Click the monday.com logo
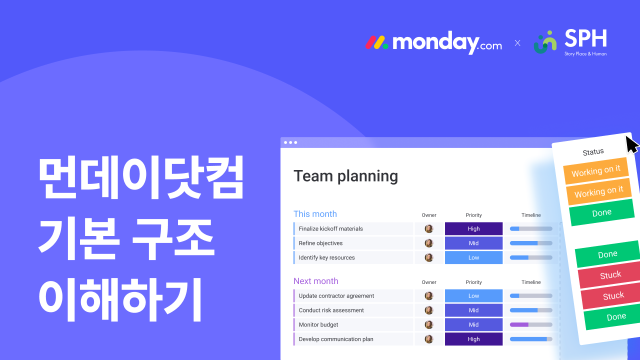[433, 42]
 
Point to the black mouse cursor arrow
[631, 144]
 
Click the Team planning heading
[345, 176]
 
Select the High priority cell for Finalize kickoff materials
[473, 228]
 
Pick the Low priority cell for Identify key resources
[473, 257]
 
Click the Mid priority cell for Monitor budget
[473, 324]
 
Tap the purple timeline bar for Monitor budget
[519, 324]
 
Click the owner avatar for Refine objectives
[429, 243]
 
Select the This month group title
[315, 214]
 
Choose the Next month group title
[316, 281]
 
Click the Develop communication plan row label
[336, 339]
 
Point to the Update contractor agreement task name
[336, 295]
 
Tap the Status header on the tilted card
[593, 152]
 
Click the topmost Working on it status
[596, 171]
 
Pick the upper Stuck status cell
[610, 275]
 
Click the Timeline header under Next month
[531, 282]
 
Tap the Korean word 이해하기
[120, 300]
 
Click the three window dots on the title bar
[290, 142]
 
